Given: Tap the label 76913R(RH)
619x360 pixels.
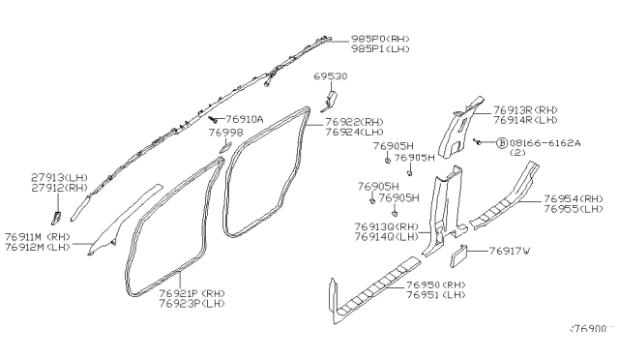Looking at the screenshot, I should tap(527, 110).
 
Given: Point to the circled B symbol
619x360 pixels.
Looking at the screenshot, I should tap(502, 141).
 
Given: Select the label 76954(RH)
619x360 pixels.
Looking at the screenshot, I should tap(571, 197).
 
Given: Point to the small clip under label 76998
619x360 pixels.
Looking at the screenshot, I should tap(223, 147).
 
